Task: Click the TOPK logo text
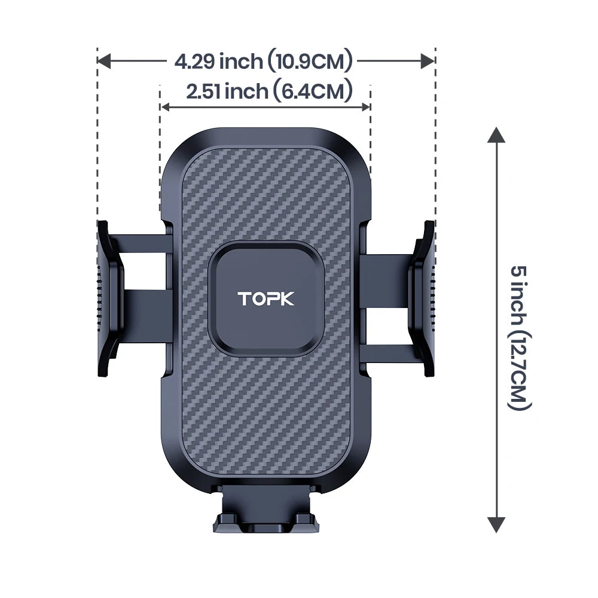[266, 298]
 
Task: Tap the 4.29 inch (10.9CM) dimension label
[264, 61]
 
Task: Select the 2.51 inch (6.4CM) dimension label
[269, 91]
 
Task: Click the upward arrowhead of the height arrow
[495, 136]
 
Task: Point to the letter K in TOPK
[286, 298]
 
